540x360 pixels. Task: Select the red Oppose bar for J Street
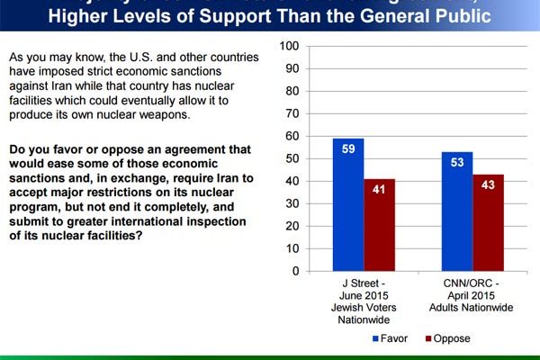[x=379, y=225]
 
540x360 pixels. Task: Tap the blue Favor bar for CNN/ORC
[x=456, y=211]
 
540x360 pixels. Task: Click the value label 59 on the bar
[x=348, y=149]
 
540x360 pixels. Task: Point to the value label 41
[x=379, y=190]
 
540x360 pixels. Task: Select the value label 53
[x=456, y=163]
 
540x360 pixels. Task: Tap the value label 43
[x=488, y=185]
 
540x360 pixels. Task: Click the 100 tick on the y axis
[x=288, y=46]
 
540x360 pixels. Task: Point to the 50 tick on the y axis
[x=291, y=158]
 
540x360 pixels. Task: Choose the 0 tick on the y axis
[x=294, y=270]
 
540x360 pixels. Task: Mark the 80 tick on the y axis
[x=291, y=91]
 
